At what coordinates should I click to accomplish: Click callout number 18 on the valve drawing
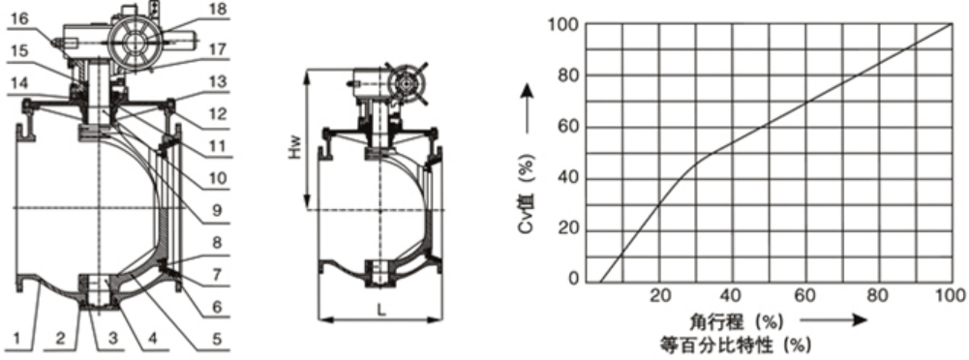(x=218, y=10)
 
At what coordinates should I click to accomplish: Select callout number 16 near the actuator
(x=19, y=20)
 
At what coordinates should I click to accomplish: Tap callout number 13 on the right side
(x=218, y=82)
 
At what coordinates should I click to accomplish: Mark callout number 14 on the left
(x=19, y=82)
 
